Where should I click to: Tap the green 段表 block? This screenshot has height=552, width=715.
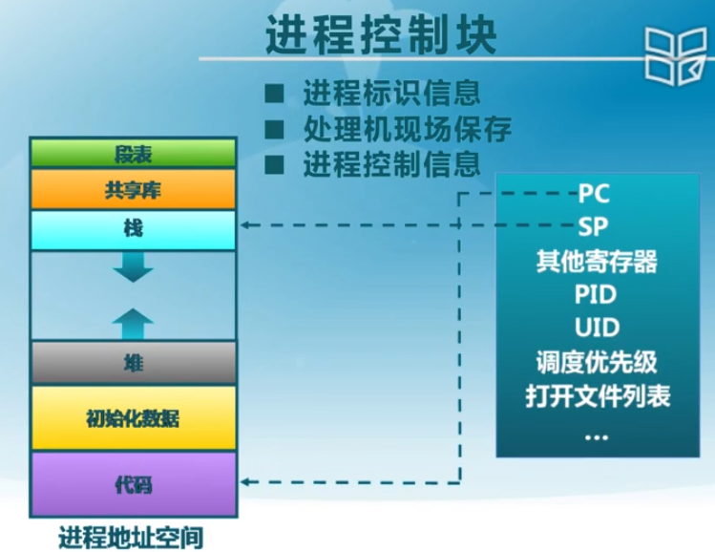coord(133,154)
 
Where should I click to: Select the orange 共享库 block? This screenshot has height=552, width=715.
coord(133,190)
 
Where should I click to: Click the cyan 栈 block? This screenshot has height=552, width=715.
coord(133,229)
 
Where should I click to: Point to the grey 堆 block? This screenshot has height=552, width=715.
coord(133,363)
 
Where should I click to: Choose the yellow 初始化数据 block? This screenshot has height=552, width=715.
coord(133,418)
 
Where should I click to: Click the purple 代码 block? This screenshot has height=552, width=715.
coord(133,484)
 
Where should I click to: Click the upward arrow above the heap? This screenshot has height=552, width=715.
coord(133,322)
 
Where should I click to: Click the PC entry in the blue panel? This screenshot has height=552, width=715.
coord(594,194)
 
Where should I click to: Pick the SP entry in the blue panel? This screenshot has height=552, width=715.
coord(594,226)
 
